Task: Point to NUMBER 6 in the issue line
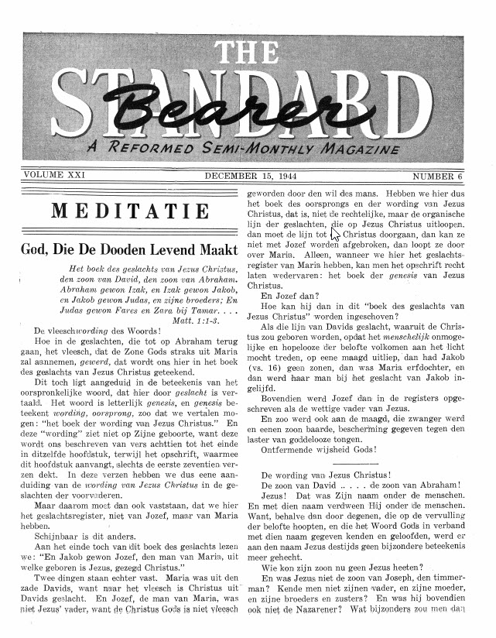[437, 177]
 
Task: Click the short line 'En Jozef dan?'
[291, 295]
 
